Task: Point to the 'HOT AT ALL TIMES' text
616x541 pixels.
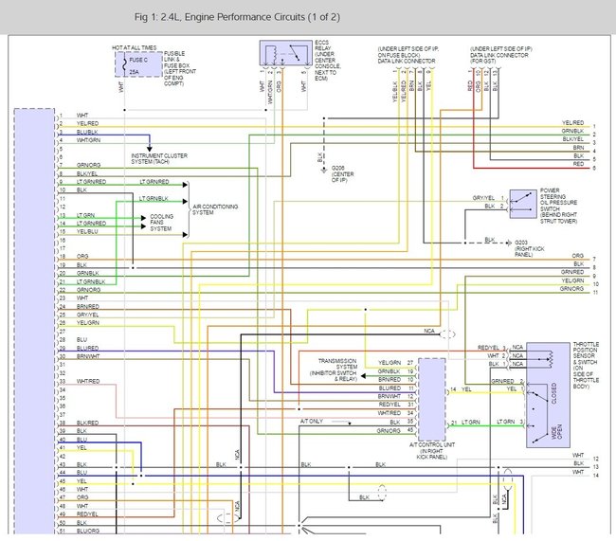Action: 133,46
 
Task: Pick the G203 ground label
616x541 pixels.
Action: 527,245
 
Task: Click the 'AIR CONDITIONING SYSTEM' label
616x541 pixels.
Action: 214,207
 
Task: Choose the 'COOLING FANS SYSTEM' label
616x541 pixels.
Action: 162,222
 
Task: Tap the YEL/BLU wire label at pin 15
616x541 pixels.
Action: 87,231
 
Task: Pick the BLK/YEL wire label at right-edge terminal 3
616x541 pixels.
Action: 572,139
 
